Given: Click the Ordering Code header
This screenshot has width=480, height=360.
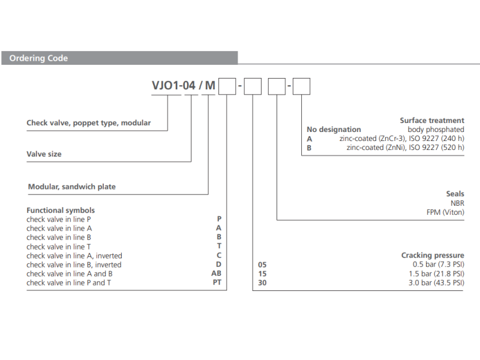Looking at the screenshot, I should coord(38,58).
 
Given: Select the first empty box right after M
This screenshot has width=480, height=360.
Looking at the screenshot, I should coord(227,86).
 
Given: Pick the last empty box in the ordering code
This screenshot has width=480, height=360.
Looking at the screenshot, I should coord(301,86).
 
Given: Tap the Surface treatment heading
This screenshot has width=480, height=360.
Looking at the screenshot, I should coord(432,121).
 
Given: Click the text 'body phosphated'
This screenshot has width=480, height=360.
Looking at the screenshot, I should coord(436,130).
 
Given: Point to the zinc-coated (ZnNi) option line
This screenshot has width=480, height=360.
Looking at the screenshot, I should coord(405,147).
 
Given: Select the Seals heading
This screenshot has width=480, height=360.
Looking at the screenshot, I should coord(455,194).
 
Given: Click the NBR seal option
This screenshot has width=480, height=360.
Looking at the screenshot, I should coord(457,203).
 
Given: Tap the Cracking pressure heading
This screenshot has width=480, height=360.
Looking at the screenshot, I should coord(433,256).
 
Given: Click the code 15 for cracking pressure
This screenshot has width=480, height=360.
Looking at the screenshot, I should coord(262,274).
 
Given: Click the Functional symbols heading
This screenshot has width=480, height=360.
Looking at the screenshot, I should coord(61,211).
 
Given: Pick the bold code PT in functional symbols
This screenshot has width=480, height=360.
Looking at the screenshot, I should coord(217,283).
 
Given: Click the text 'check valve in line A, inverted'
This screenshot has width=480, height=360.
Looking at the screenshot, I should coord(74,256).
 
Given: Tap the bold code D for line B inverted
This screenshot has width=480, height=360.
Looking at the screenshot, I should coord(219,265).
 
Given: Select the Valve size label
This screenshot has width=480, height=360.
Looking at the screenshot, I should coord(44,154).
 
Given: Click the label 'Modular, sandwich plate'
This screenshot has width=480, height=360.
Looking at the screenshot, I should coord(72,187).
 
